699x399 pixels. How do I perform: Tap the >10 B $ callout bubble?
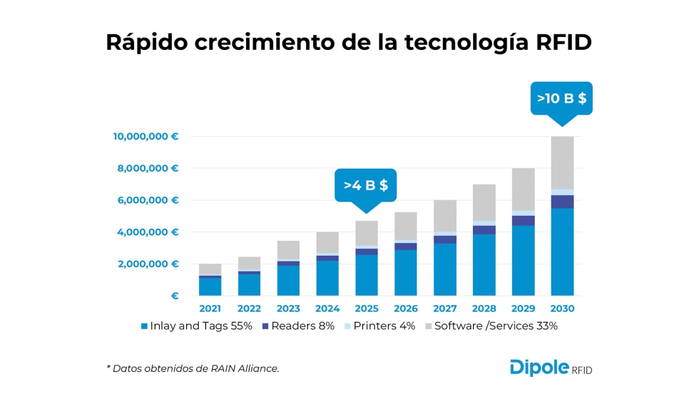pyautogui.click(x=562, y=98)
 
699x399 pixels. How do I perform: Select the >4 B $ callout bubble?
pyautogui.click(x=365, y=185)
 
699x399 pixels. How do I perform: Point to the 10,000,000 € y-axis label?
pyautogui.click(x=146, y=136)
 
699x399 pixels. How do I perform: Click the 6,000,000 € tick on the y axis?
pyautogui.click(x=148, y=200)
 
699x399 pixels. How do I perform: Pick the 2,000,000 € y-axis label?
pyautogui.click(x=148, y=264)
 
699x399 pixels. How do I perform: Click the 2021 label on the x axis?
pyautogui.click(x=210, y=309)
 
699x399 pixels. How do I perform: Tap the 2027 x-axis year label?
pyautogui.click(x=444, y=309)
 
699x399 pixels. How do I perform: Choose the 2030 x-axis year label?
pyautogui.click(x=562, y=309)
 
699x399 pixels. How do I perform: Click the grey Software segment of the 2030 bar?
pyautogui.click(x=562, y=162)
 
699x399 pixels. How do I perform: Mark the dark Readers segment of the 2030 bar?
pyautogui.click(x=562, y=202)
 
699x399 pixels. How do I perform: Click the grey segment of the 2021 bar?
pyautogui.click(x=210, y=269)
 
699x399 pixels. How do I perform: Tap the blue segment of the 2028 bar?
pyautogui.click(x=484, y=264)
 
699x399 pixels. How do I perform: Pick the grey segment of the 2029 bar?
pyautogui.click(x=523, y=189)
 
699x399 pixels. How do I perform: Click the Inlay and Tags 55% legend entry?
pyautogui.click(x=195, y=326)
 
